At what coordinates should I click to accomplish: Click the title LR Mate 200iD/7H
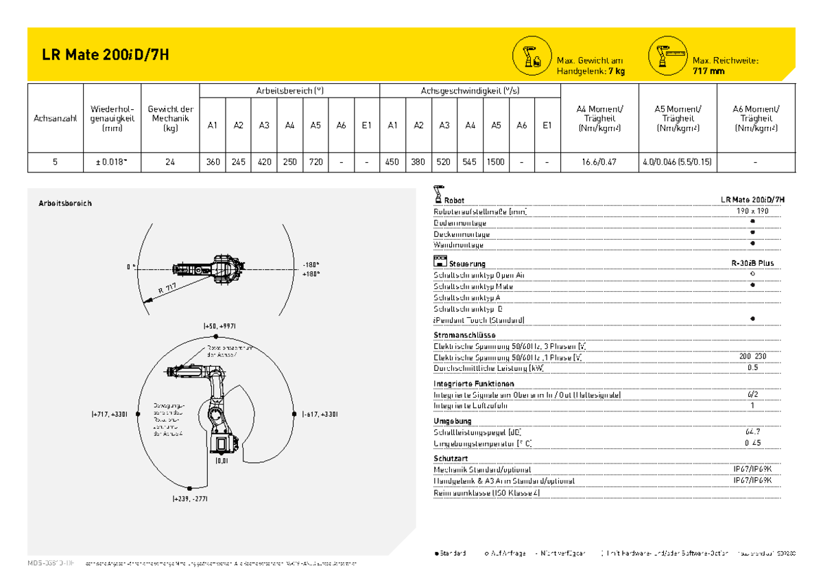click(x=105, y=56)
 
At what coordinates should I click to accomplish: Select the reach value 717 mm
click(x=708, y=71)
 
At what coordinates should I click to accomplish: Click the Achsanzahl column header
click(x=55, y=118)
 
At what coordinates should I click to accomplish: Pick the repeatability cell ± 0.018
click(x=112, y=162)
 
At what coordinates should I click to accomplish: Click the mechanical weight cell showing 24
click(x=169, y=162)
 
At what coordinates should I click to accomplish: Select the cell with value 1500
click(x=495, y=162)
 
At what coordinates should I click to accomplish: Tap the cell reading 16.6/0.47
click(x=599, y=162)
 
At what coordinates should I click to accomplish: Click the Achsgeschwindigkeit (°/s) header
click(x=470, y=91)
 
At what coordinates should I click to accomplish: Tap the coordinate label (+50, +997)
click(x=219, y=325)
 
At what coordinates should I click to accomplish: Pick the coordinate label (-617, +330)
click(x=320, y=414)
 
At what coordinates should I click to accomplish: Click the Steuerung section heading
click(x=467, y=264)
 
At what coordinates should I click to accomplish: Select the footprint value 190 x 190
click(x=752, y=211)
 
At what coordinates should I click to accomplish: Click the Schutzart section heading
click(x=451, y=458)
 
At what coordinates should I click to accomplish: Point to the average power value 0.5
click(x=752, y=367)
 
